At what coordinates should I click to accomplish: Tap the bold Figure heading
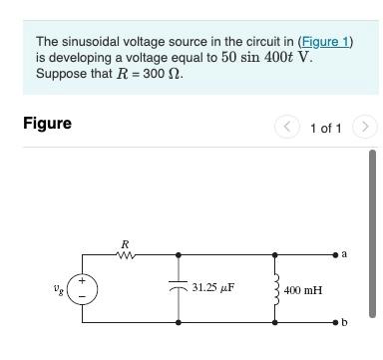(47, 124)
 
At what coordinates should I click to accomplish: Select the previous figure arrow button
(287, 128)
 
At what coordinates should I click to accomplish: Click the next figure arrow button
(365, 128)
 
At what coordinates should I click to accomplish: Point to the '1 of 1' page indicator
(326, 128)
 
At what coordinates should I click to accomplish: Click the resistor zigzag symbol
(126, 256)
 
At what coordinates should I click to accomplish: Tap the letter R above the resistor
(125, 243)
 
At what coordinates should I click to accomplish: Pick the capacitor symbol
(179, 288)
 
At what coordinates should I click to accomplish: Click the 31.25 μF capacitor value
(212, 288)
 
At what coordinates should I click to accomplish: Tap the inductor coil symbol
(275, 289)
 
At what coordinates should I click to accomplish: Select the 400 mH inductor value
(302, 290)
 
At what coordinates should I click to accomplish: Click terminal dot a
(336, 256)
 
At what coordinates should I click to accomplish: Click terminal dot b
(336, 323)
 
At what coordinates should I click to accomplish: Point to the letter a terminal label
(345, 254)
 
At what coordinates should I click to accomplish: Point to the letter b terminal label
(345, 323)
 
